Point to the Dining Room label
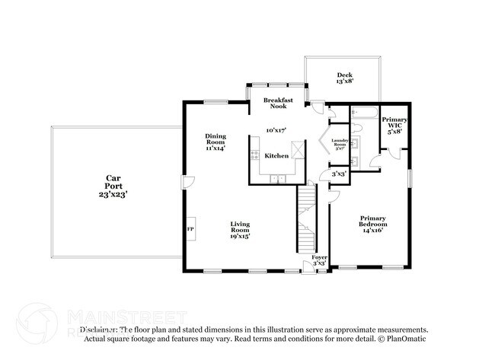pyautogui.click(x=216, y=142)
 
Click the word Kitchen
pyautogui.click(x=276, y=155)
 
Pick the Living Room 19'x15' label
pyautogui.click(x=241, y=230)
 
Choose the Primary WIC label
pyautogui.click(x=394, y=124)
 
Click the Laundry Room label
pyautogui.click(x=339, y=143)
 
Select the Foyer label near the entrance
pyautogui.click(x=321, y=260)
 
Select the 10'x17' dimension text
pyautogui.click(x=276, y=130)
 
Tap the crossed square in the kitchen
pyautogui.click(x=302, y=152)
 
